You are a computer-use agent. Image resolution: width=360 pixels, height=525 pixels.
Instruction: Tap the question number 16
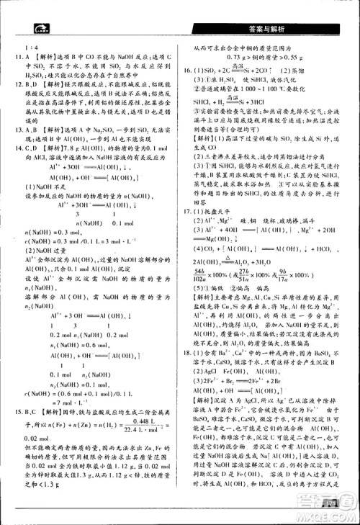point(189,71)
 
